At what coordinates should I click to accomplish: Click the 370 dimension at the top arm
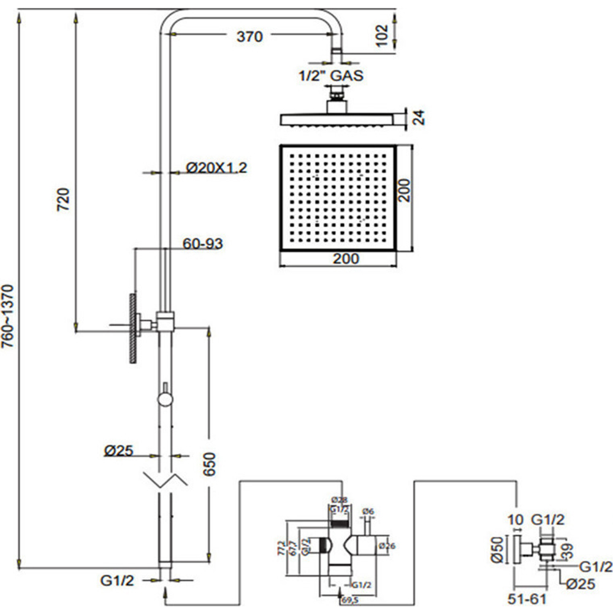click(249, 37)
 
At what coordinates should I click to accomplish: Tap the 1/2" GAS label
click(330, 76)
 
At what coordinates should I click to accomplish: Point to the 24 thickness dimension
click(419, 118)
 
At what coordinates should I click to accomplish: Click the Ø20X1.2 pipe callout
click(216, 167)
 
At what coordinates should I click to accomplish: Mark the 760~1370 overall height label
click(7, 316)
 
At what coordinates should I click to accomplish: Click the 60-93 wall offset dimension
click(202, 244)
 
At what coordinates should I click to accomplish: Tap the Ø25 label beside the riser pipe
click(118, 451)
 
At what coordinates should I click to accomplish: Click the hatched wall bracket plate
click(132, 328)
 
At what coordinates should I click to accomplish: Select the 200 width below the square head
click(346, 258)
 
